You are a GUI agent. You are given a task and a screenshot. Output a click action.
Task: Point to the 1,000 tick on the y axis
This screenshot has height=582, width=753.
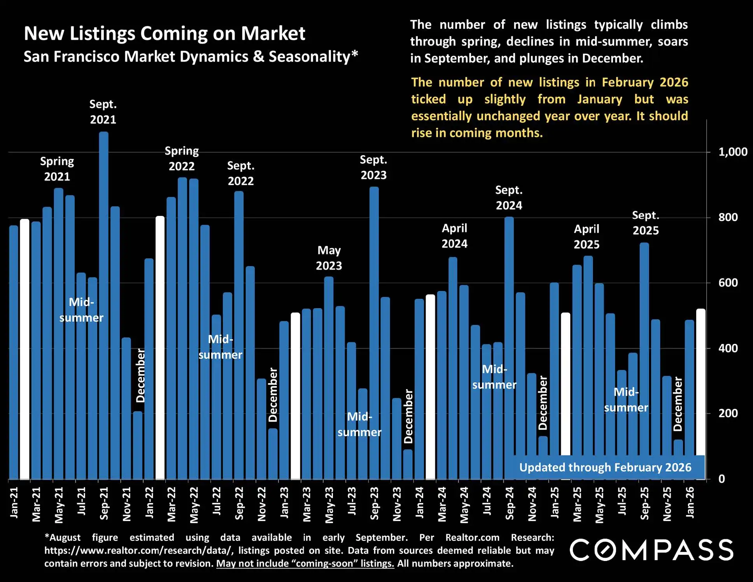(x=732, y=152)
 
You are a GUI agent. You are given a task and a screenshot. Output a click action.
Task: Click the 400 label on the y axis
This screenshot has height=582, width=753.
(x=728, y=348)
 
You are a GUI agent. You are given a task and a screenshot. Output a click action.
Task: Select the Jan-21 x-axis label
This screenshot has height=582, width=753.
(x=14, y=503)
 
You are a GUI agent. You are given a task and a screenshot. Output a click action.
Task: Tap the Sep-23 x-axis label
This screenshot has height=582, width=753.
(x=374, y=503)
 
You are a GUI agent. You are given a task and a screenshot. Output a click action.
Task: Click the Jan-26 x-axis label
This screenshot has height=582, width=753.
(x=690, y=503)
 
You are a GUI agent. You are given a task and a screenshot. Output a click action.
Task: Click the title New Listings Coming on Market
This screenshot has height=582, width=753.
(x=164, y=33)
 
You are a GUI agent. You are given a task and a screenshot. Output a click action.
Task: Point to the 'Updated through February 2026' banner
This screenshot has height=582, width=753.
(x=605, y=467)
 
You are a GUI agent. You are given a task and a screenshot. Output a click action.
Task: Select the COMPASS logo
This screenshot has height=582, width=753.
(x=651, y=550)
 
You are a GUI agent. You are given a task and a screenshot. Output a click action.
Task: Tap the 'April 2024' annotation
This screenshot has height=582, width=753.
(x=454, y=236)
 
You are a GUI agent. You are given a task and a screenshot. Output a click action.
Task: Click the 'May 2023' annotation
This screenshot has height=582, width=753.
(x=329, y=258)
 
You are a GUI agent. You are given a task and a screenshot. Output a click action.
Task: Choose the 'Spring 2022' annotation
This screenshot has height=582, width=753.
(x=182, y=158)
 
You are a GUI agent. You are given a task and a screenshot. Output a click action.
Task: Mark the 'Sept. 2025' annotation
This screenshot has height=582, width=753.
(x=645, y=223)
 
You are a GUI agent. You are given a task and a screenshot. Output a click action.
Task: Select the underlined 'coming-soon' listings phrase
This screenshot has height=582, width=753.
(x=305, y=563)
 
